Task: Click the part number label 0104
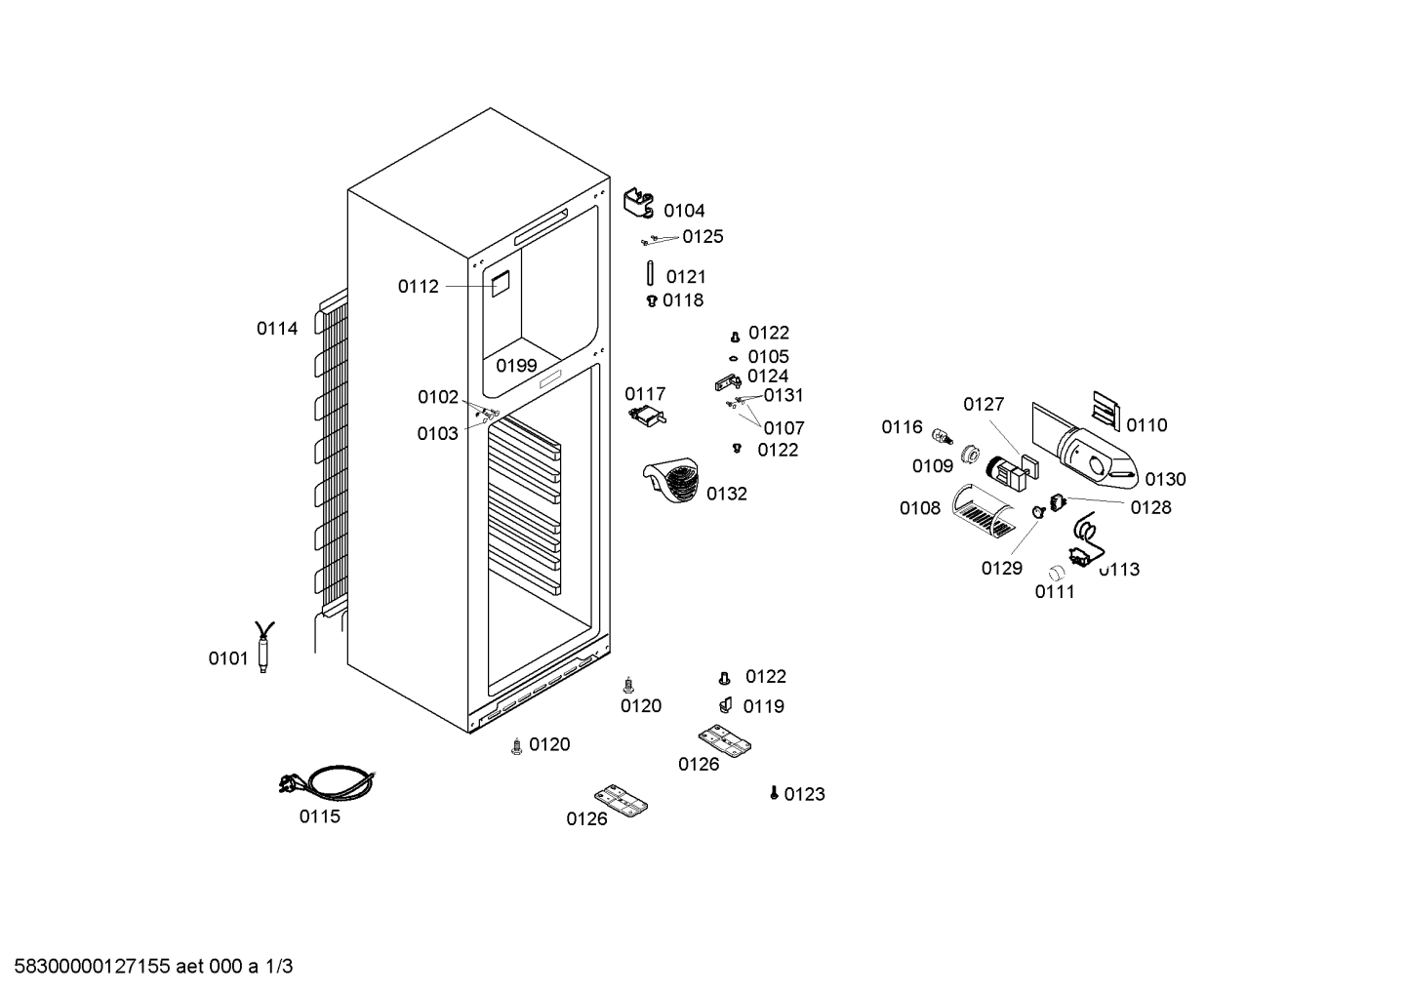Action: (684, 211)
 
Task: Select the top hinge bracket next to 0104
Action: (639, 204)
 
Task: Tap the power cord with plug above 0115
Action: (327, 782)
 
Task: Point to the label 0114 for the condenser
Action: (277, 329)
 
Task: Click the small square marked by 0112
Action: (500, 285)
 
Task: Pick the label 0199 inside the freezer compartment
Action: (516, 366)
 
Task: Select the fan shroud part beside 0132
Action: (670, 480)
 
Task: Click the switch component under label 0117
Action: (647, 417)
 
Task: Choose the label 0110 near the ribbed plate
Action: (1146, 425)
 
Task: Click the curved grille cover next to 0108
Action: (983, 510)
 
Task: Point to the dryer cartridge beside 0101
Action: (263, 647)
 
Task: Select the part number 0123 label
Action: (805, 794)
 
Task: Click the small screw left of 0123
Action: (774, 793)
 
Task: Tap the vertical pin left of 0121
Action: (650, 274)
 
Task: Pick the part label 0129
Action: (1002, 569)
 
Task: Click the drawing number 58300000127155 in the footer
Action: (92, 967)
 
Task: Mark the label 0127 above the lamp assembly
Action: (984, 405)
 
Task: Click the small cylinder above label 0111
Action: (1057, 573)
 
